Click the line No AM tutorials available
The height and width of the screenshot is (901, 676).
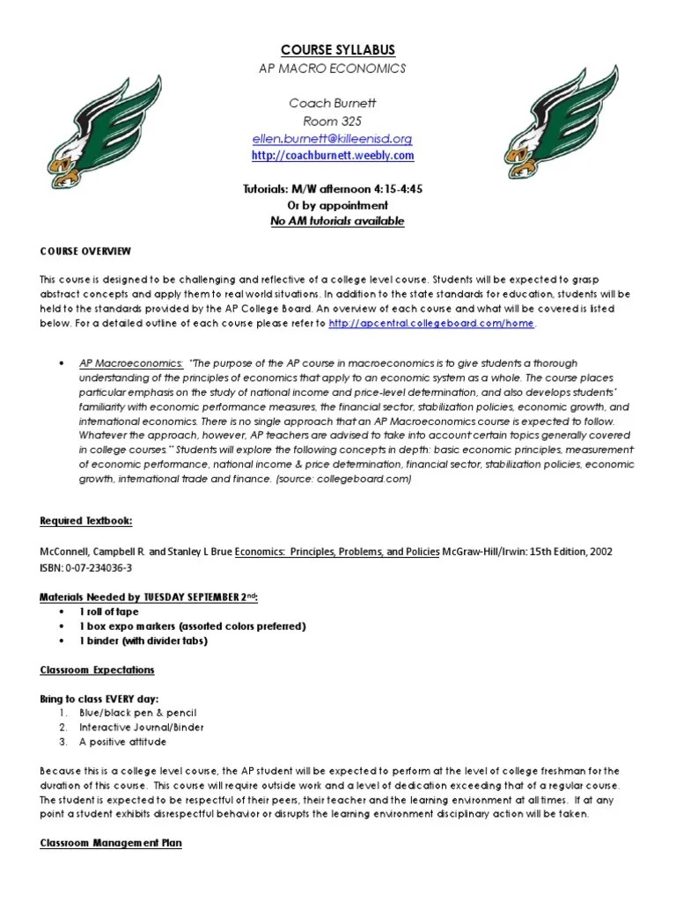[337, 222]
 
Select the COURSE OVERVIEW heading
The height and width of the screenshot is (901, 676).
[85, 251]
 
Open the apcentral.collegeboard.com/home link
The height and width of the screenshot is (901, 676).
[430, 324]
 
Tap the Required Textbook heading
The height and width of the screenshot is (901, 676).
[86, 521]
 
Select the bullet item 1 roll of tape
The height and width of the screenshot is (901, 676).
[109, 612]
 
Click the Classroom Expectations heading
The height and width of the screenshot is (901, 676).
[97, 670]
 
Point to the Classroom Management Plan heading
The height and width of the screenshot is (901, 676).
[111, 843]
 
